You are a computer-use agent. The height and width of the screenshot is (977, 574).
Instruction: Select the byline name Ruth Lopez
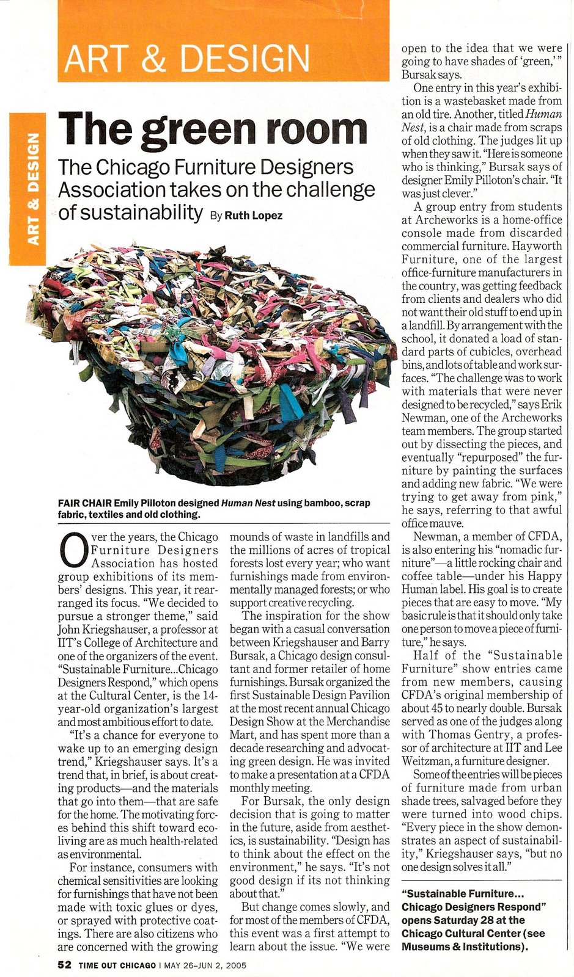click(x=254, y=216)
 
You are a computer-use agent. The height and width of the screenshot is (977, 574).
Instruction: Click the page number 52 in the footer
click(x=65, y=965)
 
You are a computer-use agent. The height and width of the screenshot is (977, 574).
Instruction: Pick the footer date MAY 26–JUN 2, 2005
click(x=205, y=965)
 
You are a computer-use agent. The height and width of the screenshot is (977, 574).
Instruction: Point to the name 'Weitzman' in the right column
click(x=426, y=761)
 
